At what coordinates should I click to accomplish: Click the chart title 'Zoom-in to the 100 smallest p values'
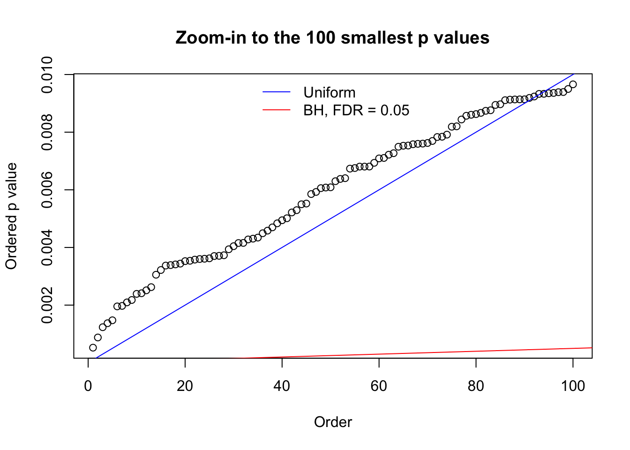[x=332, y=37]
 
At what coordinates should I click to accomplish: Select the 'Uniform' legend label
[x=329, y=92]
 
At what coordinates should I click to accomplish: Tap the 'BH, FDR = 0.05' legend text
[x=356, y=110]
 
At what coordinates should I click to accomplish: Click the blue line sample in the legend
[x=277, y=92]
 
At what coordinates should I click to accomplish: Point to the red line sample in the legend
[x=277, y=110]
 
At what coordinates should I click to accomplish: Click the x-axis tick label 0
[x=88, y=386]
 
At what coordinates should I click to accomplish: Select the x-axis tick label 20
[x=185, y=386]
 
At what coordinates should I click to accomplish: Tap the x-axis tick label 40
[x=282, y=386]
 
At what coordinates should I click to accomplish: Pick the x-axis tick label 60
[x=379, y=386]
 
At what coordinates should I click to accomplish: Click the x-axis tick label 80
[x=476, y=386]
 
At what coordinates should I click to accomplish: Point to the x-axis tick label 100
[x=573, y=386]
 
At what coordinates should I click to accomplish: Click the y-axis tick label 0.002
[x=47, y=305]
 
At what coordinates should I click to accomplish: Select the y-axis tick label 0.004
[x=47, y=247]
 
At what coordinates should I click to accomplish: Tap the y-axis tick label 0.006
[x=47, y=190]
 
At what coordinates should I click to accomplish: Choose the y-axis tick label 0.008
[x=47, y=132]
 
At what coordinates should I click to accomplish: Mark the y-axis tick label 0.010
[x=47, y=75]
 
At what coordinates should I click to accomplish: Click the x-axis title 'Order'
[x=333, y=422]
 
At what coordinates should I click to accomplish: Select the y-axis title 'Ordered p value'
[x=11, y=216]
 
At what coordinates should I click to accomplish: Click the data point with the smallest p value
[x=93, y=347]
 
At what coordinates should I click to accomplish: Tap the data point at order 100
[x=573, y=84]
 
